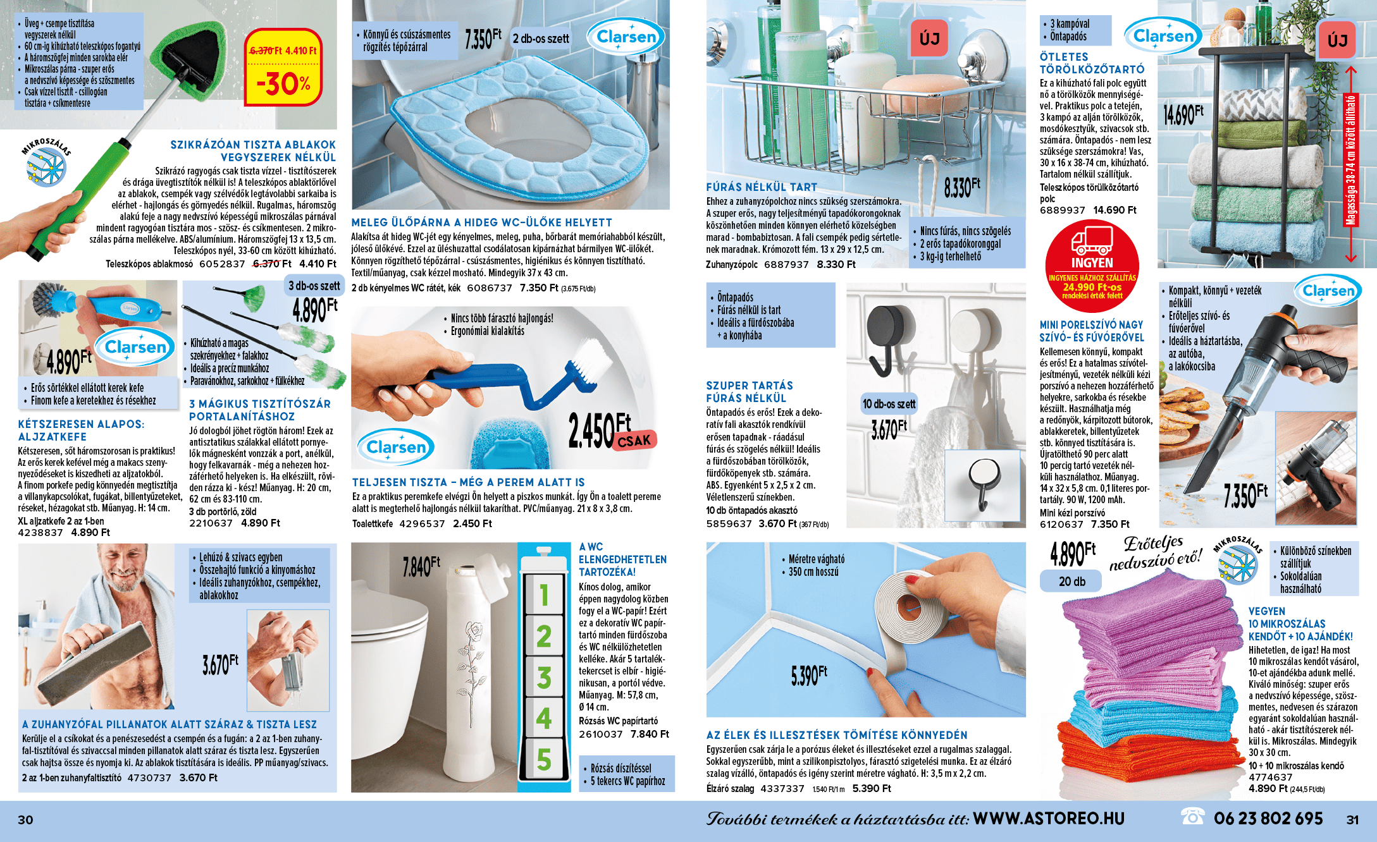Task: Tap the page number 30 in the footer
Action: click(25, 820)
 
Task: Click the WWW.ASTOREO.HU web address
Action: click(1048, 819)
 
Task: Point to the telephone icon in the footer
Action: click(1193, 817)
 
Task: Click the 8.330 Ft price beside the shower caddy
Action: click(961, 187)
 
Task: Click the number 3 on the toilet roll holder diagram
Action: click(544, 677)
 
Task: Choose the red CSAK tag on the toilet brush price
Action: click(634, 441)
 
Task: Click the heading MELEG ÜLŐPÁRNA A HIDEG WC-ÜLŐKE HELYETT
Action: click(481, 223)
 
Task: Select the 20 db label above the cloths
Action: click(1071, 581)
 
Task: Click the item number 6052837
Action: click(222, 264)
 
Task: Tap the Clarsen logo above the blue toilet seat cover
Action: click(626, 37)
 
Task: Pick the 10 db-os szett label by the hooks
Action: click(889, 404)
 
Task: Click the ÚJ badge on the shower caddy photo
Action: click(929, 39)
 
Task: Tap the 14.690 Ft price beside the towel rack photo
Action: click(1183, 114)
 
